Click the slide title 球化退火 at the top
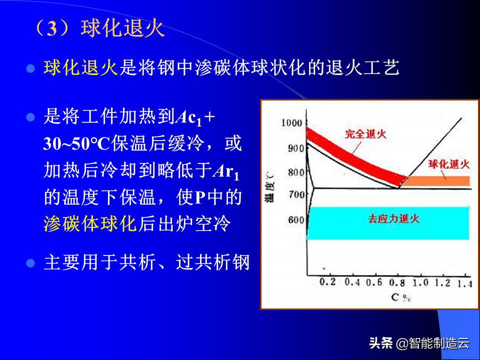point(123,29)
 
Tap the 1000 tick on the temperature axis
point(291,123)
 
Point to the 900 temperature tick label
point(296,148)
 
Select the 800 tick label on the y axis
point(296,172)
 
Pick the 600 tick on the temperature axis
point(296,220)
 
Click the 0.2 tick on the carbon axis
point(327,281)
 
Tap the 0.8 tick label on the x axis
point(397,282)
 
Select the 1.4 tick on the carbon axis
point(465,284)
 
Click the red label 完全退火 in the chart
point(365,134)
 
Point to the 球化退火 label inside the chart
point(449,164)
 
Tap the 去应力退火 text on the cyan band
point(393,218)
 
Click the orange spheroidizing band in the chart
point(438,181)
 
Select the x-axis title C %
point(400,297)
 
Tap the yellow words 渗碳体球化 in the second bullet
point(90,223)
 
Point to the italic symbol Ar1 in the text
point(226,171)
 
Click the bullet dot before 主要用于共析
point(30,263)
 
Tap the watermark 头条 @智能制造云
point(419,343)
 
